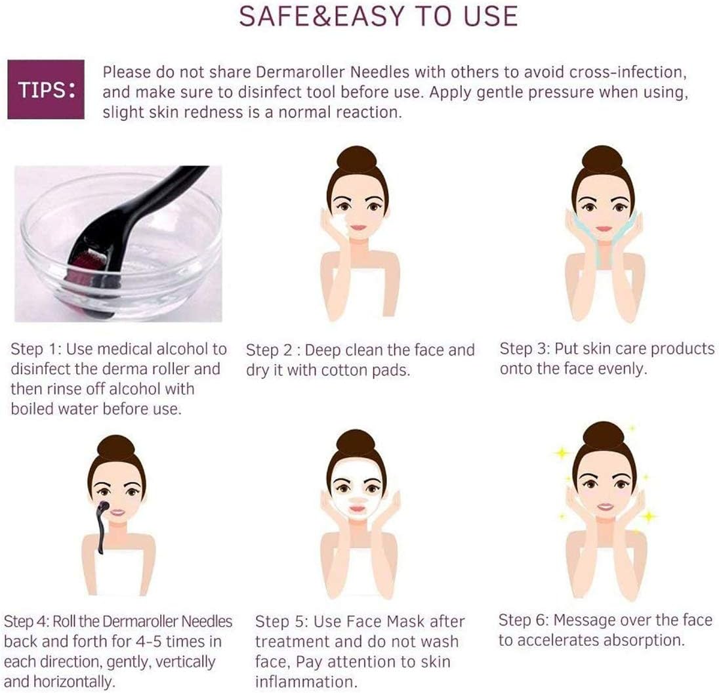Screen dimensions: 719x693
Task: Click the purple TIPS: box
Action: (x=46, y=89)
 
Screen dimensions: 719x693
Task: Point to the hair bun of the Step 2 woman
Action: (x=357, y=161)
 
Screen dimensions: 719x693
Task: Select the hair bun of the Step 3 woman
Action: (x=602, y=161)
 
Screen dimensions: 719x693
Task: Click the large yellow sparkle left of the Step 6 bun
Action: (x=562, y=453)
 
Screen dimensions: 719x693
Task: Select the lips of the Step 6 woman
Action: (x=606, y=507)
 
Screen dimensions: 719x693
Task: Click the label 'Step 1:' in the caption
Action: (x=36, y=349)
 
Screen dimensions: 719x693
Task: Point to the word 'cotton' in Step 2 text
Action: (x=346, y=370)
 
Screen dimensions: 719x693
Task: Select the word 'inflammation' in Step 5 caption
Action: (x=306, y=682)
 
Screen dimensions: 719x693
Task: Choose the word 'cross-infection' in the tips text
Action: (x=628, y=72)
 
